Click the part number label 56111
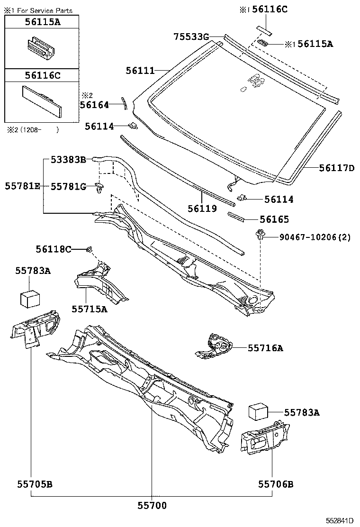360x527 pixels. (140, 71)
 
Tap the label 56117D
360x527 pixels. (336, 168)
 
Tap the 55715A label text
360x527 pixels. (90, 309)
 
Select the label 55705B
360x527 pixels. (35, 484)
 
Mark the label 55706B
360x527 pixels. (276, 484)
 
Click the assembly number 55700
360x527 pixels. (152, 506)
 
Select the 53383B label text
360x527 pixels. (68, 160)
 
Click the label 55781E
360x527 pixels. (23, 187)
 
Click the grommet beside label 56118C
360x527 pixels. (89, 249)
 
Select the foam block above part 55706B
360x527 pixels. (259, 411)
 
